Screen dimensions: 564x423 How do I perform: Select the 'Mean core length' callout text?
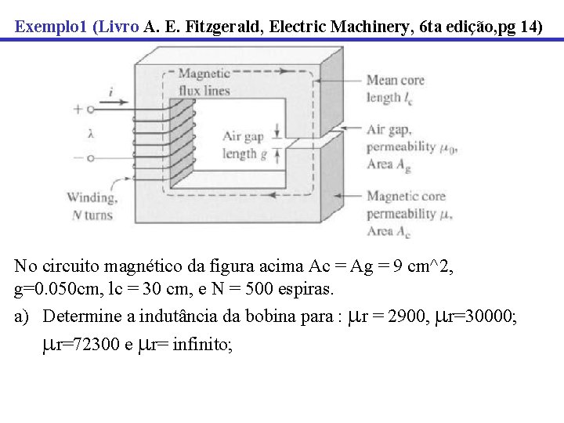tap(396, 89)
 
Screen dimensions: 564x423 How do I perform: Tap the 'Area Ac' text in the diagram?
tap(389, 231)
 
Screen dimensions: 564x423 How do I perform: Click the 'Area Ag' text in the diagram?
tap(389, 164)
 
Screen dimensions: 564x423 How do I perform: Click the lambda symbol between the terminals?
tap(91, 134)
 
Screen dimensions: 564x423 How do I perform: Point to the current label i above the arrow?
tap(110, 92)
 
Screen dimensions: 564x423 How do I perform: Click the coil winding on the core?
tap(164, 137)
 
